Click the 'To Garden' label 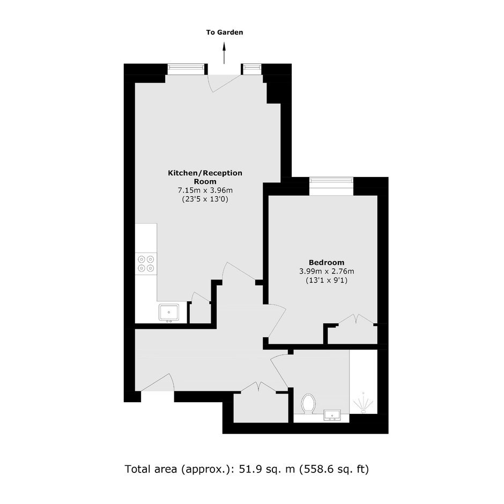[224, 32]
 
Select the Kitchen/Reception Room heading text [205, 177]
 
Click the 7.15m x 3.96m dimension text [205, 190]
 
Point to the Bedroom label [327, 262]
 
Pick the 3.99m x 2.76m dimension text [327, 271]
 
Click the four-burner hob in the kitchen [146, 264]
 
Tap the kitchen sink [169, 313]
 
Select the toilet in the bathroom [308, 404]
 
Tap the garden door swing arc [224, 83]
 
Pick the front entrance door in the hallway [158, 382]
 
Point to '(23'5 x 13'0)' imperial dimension [205, 199]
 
